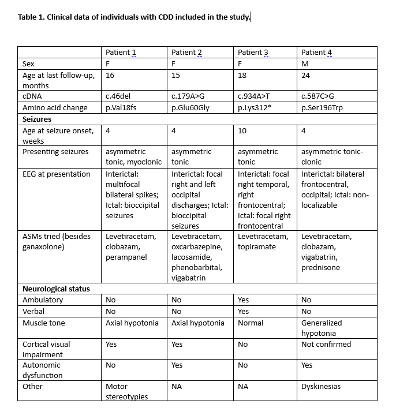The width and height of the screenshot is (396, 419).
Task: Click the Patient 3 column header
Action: coord(253,53)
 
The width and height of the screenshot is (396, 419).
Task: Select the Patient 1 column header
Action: coord(121,53)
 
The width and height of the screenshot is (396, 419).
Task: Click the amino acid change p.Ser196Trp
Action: coord(322,107)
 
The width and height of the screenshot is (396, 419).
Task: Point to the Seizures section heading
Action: coord(36,119)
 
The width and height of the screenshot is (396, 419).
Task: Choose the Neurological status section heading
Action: coord(56,289)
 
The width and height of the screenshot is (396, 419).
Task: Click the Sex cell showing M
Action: coord(305,63)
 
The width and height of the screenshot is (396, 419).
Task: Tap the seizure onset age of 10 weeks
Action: coord(242,130)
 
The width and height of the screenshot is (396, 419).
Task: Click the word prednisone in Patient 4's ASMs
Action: coord(320,267)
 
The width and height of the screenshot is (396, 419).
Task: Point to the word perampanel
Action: coord(125,257)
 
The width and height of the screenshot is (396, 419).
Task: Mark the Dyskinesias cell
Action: coord(321,386)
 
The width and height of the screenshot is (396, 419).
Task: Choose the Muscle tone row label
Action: coord(43,323)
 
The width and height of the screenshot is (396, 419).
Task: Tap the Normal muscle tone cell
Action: coord(251,323)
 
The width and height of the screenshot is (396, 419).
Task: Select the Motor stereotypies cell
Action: coord(127,391)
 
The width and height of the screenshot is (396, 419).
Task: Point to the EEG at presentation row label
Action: coord(56,174)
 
